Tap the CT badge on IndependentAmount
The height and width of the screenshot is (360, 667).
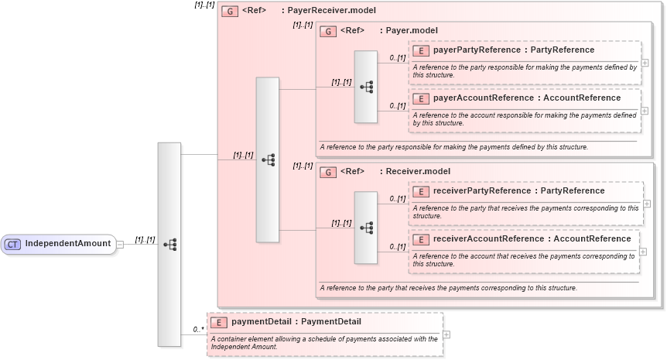pyautogui.click(x=12, y=244)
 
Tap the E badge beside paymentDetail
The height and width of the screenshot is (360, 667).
pyautogui.click(x=219, y=322)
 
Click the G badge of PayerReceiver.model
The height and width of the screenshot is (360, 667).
pyautogui.click(x=229, y=12)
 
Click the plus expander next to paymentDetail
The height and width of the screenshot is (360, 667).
pyautogui.click(x=446, y=334)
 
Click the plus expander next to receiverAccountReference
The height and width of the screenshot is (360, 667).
pyautogui.click(x=643, y=252)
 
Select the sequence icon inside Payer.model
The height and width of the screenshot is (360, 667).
pyautogui.click(x=366, y=87)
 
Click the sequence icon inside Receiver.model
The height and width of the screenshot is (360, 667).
pyautogui.click(x=366, y=228)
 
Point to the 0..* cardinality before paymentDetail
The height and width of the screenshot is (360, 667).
pyautogui.click(x=198, y=329)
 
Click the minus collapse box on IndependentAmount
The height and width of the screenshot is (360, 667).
pyautogui.click(x=120, y=244)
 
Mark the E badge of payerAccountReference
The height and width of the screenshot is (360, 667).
pyautogui.click(x=421, y=98)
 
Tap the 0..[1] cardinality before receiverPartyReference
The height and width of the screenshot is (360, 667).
pyautogui.click(x=397, y=198)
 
